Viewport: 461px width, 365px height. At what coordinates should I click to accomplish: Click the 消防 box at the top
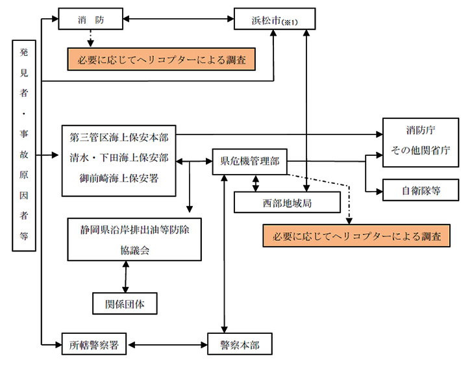coord(90,19)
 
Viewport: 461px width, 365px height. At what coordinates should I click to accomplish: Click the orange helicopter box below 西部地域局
coord(356,236)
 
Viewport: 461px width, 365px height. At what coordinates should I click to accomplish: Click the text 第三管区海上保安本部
coord(119,138)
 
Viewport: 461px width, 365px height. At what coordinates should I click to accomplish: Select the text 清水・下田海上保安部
coord(119,158)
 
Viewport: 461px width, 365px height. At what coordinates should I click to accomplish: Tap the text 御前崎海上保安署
coord(119,177)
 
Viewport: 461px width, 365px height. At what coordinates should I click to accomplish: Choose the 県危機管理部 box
coord(250,162)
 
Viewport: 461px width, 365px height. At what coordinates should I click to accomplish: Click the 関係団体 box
coord(123,303)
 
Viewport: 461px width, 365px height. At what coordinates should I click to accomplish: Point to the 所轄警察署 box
coord(94,344)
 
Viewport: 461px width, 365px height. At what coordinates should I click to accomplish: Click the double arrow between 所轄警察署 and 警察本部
coord(167,344)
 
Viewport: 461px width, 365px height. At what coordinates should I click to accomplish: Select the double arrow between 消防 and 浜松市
coord(178,19)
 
